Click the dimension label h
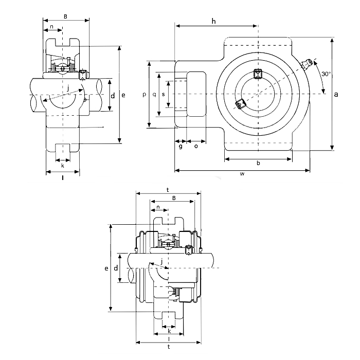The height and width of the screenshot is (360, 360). tap(213, 21)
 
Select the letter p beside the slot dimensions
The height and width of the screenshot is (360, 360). tap(145, 94)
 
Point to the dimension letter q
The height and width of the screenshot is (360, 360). tap(154, 94)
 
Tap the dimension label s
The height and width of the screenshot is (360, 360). tap(163, 94)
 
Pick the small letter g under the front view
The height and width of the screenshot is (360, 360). tap(181, 147)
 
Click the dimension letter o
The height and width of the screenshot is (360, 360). tap(196, 147)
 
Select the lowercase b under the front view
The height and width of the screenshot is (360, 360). tap(258, 164)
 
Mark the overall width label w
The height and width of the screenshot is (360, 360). tap(242, 174)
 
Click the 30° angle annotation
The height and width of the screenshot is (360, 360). tap(326, 74)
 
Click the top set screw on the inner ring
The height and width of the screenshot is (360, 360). tap(258, 74)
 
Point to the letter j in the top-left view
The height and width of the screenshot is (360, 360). tap(68, 87)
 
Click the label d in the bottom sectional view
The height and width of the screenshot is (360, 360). tap(116, 268)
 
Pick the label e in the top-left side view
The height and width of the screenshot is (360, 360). tap(123, 95)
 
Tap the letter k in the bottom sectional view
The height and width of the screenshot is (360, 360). tap(169, 331)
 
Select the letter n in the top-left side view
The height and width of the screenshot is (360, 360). tap(52, 27)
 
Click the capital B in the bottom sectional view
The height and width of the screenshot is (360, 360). tap(174, 198)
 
